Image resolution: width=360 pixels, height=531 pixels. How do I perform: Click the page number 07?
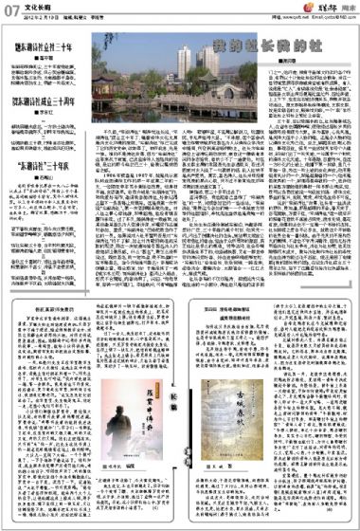point(13,10)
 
